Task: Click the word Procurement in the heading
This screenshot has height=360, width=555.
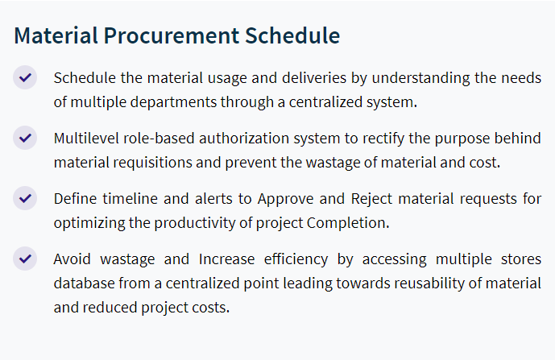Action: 172,35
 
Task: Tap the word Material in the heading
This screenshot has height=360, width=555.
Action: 56,35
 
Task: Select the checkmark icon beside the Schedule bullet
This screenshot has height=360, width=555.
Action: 25,77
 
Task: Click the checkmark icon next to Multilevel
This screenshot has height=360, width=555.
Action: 25,138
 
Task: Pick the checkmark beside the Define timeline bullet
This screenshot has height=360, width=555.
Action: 25,198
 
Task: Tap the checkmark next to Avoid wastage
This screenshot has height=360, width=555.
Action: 25,259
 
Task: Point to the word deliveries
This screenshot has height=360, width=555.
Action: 314,78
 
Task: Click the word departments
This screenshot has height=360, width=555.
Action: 173,102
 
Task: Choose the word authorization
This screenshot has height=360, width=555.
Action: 244,138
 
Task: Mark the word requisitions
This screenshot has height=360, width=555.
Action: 152,163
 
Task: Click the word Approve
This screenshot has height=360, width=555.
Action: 285,199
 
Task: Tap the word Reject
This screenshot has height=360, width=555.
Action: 371,199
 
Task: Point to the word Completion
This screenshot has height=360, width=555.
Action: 348,223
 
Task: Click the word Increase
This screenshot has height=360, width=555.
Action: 226,259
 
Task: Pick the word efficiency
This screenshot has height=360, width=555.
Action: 296,259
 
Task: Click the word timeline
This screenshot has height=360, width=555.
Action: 130,199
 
